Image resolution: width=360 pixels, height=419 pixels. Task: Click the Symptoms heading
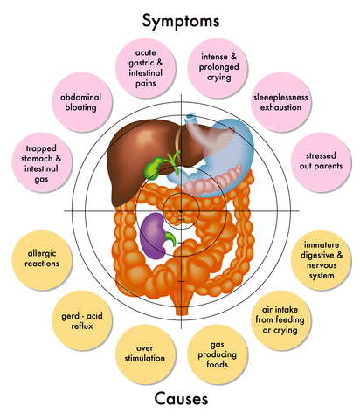click(181, 21)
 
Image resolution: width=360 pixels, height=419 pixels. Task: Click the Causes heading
click(181, 398)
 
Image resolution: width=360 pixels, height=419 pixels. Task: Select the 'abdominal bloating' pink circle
click(82, 102)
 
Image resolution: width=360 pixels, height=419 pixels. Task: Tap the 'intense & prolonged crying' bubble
click(218, 68)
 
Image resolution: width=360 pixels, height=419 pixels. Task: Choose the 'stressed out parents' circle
click(321, 161)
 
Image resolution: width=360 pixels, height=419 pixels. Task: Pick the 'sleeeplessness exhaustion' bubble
click(280, 102)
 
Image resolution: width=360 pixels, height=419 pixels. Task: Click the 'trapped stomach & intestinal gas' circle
click(42, 162)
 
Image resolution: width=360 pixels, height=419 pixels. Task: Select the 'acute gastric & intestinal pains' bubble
click(145, 68)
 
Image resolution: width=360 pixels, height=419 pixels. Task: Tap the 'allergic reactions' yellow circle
click(42, 260)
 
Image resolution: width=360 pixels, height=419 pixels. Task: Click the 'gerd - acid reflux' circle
click(82, 320)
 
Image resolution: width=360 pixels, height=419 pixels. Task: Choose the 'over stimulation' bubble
click(145, 354)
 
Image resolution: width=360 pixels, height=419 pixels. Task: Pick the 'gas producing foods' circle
click(218, 354)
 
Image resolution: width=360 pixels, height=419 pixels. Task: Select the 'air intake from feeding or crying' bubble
click(280, 320)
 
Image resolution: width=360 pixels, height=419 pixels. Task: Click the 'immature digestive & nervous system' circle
click(321, 260)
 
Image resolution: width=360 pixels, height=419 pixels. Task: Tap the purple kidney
click(152, 236)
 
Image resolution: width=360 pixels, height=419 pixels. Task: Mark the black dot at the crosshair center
click(181, 211)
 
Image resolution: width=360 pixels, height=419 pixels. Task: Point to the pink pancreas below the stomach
click(212, 181)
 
